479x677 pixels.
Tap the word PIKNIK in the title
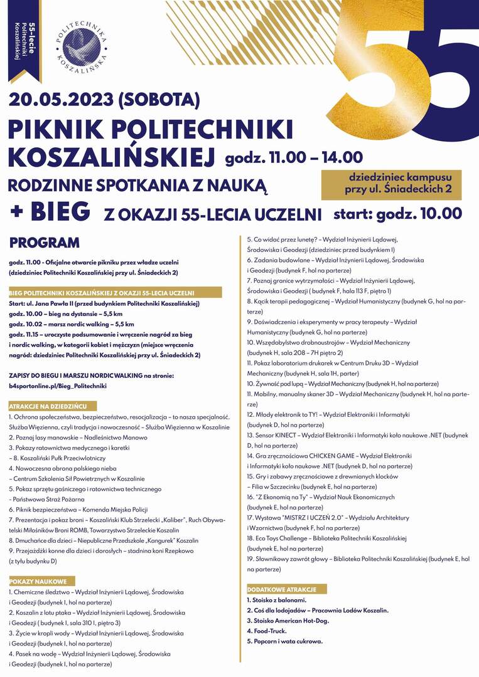coord(63,129)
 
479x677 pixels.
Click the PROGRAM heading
coord(45,243)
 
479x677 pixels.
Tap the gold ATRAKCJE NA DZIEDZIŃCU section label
coord(52,406)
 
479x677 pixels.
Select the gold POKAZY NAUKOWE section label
coord(41,581)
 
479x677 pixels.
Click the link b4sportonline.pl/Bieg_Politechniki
coord(58,386)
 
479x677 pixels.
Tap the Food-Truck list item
coord(266,631)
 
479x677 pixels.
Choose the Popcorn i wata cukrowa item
coord(284,641)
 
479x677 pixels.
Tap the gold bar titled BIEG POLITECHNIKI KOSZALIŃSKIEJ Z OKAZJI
coord(115,293)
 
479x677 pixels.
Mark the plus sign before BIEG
coord(18,211)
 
